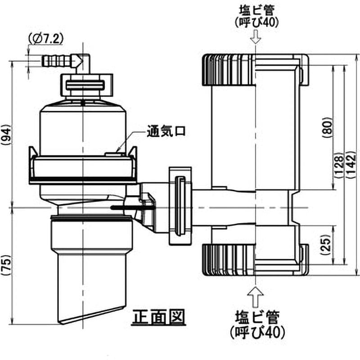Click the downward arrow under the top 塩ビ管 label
[255, 37]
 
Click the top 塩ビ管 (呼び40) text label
[255, 16]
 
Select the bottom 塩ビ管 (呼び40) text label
[255, 326]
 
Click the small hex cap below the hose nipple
[85, 84]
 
